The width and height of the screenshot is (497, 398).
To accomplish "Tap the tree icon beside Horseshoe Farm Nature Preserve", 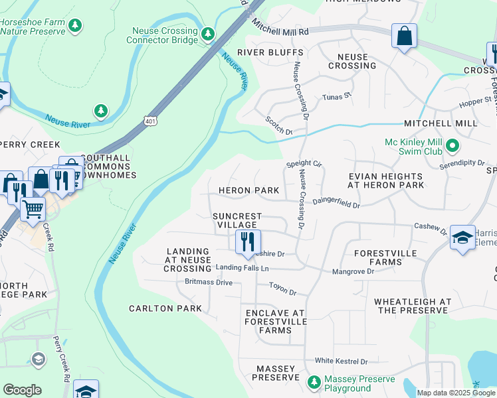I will pyautogui.click(x=76, y=25).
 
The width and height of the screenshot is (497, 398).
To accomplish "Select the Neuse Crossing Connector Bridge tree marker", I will pyautogui.click(x=208, y=33).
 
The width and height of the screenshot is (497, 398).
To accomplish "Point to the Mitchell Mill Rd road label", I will pyautogui.click(x=280, y=31).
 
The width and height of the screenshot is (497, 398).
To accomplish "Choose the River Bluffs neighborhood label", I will pyautogui.click(x=270, y=52).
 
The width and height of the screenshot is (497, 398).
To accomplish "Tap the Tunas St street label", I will pyautogui.click(x=336, y=96).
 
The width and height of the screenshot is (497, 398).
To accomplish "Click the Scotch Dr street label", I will pyautogui.click(x=279, y=126).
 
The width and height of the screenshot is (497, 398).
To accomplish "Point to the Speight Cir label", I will pyautogui.click(x=304, y=163).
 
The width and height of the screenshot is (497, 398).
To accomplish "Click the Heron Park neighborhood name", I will pyautogui.click(x=249, y=190).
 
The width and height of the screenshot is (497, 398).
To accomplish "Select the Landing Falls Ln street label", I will pyautogui.click(x=243, y=268).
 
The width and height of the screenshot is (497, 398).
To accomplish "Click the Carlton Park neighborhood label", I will pyautogui.click(x=165, y=308).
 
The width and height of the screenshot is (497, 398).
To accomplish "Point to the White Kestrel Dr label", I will pyautogui.click(x=341, y=362).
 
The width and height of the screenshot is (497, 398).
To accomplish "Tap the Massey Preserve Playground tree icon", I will pyautogui.click(x=314, y=382).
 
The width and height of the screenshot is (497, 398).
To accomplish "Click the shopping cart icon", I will pyautogui.click(x=32, y=209).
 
